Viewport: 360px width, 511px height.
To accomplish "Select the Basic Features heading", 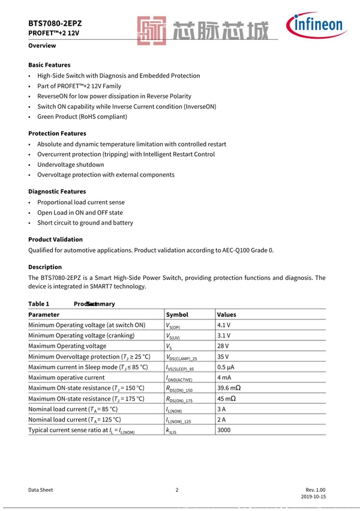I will tap(49, 65).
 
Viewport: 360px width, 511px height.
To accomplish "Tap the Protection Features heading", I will tap(57, 133).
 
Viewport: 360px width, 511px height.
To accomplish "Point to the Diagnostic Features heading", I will tap(57, 192).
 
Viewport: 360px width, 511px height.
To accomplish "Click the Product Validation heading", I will tap(55, 240).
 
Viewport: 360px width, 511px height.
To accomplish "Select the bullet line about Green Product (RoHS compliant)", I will tap(82, 116).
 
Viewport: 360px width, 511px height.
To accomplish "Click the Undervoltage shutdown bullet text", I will tap(70, 165).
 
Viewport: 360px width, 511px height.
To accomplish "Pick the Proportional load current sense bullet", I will tap(81, 202).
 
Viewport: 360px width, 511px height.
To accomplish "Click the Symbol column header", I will tap(177, 314).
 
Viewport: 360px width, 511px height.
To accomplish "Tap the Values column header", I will tap(227, 314).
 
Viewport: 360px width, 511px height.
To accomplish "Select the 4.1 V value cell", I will tap(224, 325).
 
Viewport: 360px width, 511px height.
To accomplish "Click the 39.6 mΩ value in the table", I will tap(229, 388).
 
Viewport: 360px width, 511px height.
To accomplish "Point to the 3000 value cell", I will tap(224, 430).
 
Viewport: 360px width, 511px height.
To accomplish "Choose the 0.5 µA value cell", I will tap(226, 367).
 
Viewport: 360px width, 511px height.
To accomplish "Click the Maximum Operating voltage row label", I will tap(67, 346).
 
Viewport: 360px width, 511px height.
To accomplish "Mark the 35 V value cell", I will tap(223, 357).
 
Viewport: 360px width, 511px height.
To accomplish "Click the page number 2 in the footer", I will tap(177, 489).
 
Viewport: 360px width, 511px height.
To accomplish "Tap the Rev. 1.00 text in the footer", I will tap(315, 489).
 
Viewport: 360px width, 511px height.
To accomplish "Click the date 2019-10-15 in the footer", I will tap(313, 498).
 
